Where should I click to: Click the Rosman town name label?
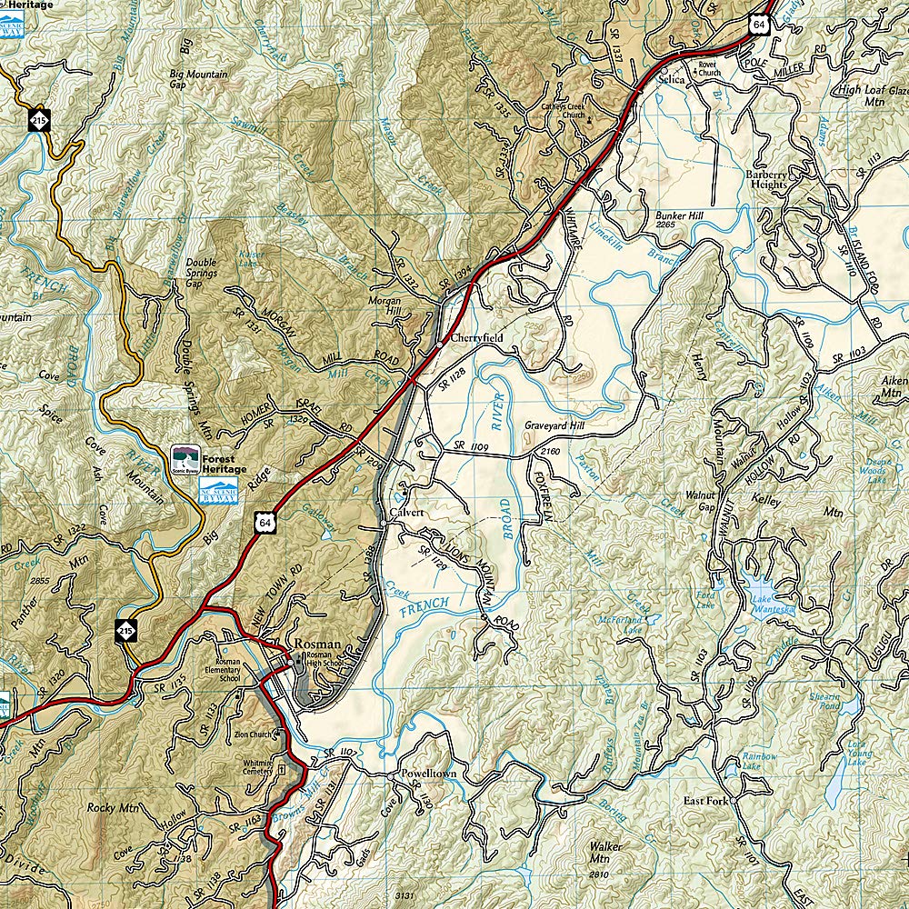pos(316,644)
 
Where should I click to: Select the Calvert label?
pos(407,513)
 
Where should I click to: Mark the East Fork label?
pos(707,802)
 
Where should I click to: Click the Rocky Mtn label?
pos(113,807)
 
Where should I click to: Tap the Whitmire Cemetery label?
pos(256,767)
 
